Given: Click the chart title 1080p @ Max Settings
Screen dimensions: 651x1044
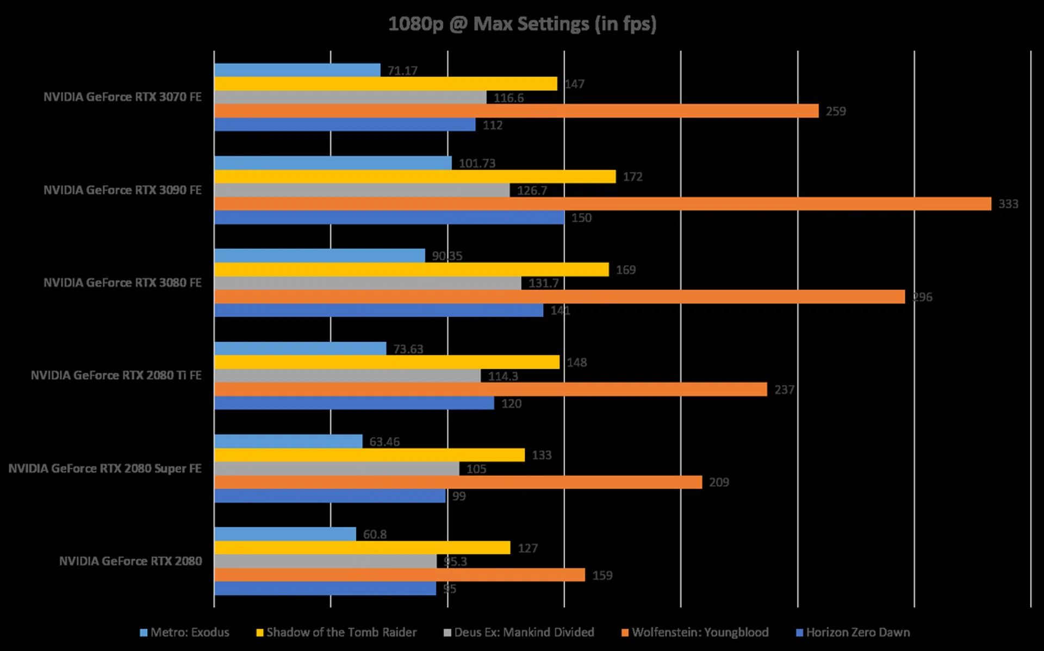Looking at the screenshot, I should (522, 24).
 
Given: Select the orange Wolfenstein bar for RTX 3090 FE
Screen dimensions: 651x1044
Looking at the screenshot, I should (602, 204).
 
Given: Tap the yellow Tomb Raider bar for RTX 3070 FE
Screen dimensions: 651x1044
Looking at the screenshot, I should (386, 84).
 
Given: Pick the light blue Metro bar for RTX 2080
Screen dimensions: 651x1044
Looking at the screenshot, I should (285, 534).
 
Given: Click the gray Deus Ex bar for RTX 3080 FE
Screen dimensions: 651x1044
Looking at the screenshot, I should (368, 283).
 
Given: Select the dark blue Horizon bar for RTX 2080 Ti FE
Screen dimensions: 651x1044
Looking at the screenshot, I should (354, 403).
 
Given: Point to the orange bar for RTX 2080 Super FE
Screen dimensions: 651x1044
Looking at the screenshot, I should (458, 483).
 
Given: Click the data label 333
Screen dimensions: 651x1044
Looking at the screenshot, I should (1008, 204).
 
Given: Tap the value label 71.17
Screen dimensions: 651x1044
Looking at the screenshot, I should (402, 71).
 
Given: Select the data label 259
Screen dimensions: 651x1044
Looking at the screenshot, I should (836, 111).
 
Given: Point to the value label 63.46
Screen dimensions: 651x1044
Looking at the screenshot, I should (384, 442).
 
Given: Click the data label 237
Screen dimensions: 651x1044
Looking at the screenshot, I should (784, 390).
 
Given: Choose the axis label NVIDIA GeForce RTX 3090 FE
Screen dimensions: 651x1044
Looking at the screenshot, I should (122, 190).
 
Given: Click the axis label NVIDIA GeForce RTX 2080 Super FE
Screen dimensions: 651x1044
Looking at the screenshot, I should (105, 468).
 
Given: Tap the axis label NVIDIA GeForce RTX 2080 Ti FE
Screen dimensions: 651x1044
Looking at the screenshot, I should (116, 375).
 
